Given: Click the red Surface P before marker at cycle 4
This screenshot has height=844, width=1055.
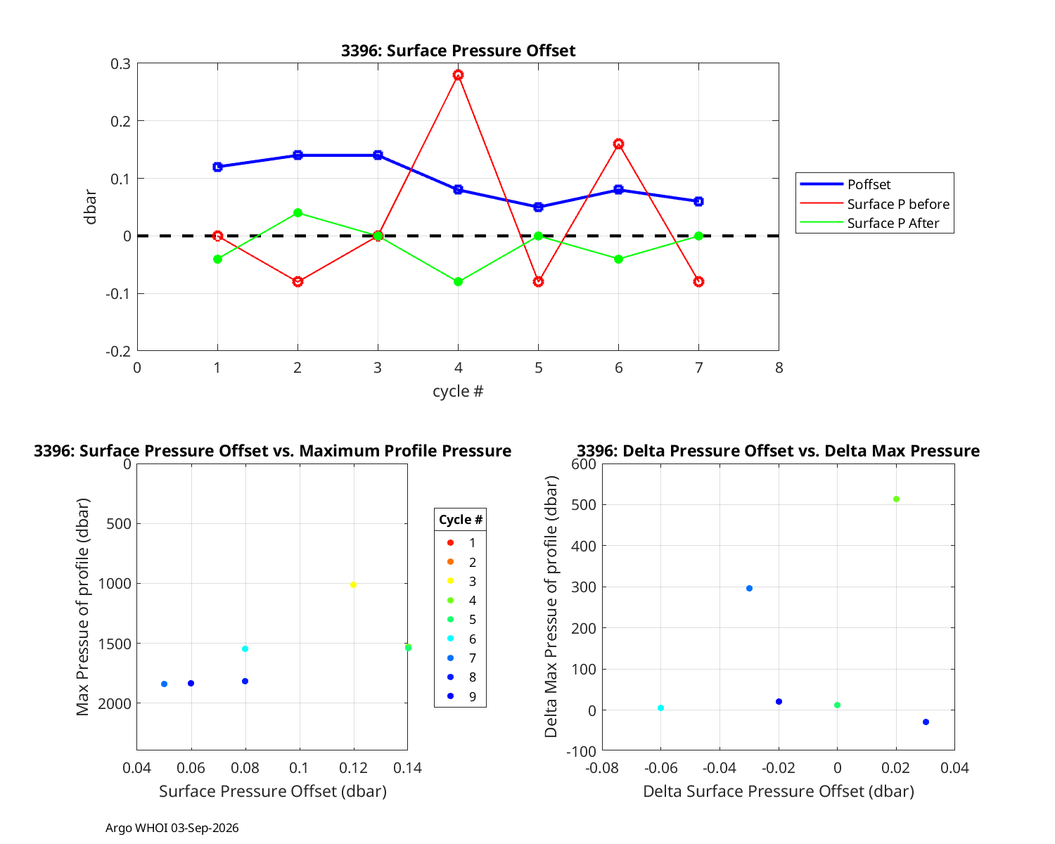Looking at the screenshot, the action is click(x=458, y=75).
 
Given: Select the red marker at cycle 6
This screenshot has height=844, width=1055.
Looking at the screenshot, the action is click(x=618, y=143).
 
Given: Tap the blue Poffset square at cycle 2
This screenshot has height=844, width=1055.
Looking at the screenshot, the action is click(x=298, y=155).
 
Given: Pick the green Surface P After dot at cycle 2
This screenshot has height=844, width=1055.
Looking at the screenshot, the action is click(x=298, y=213).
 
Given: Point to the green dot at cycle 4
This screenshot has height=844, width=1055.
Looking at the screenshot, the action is click(x=458, y=281).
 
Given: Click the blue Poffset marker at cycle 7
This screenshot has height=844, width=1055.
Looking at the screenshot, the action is click(x=698, y=201).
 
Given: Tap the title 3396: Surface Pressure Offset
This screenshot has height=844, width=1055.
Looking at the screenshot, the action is click(x=458, y=51).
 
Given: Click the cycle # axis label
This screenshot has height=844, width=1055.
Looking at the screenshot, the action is click(x=458, y=391).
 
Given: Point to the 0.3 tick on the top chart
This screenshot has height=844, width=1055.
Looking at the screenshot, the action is click(x=120, y=64).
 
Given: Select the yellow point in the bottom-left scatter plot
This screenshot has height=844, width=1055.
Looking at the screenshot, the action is click(x=353, y=584).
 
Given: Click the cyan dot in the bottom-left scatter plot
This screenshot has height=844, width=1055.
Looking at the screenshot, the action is click(x=245, y=648).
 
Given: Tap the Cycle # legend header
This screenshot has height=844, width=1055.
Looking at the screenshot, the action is click(x=461, y=519).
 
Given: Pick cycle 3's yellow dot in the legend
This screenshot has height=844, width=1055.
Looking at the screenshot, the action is click(x=451, y=581).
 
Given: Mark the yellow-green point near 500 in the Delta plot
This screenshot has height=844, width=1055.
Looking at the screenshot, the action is click(x=896, y=499).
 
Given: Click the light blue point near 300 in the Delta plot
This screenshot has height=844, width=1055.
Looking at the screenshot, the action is click(x=749, y=588).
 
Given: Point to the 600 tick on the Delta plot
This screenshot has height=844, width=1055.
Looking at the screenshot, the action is click(x=583, y=464).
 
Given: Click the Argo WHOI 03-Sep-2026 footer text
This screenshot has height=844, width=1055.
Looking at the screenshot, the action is click(x=172, y=828).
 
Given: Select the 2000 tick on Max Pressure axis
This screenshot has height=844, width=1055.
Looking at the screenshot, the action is click(x=115, y=703).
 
